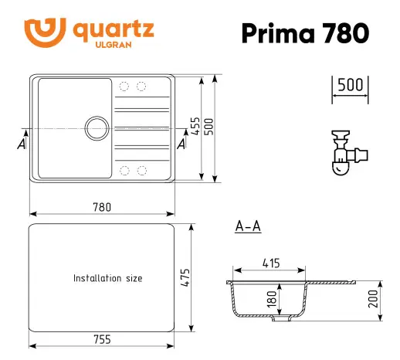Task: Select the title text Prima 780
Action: [x=304, y=32]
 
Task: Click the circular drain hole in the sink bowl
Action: [x=97, y=126]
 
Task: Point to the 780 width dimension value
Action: [x=102, y=206]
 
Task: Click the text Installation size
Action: [x=107, y=278]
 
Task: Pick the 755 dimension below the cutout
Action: [x=101, y=339]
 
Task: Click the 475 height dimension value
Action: [x=185, y=277]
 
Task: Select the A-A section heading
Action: [x=247, y=226]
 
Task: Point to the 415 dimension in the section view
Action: [x=269, y=263]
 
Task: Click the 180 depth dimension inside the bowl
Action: [x=272, y=298]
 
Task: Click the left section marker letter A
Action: [x=22, y=144]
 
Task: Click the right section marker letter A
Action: [x=181, y=144]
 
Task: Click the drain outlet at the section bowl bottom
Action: [x=287, y=317]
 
